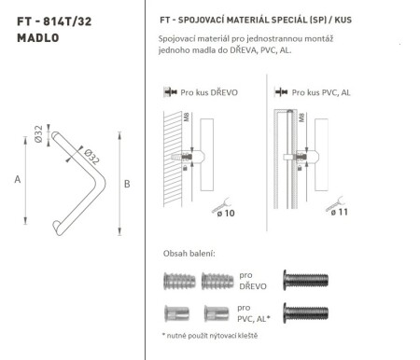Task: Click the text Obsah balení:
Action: pos(189,254)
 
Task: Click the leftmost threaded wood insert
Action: pos(178,280)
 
